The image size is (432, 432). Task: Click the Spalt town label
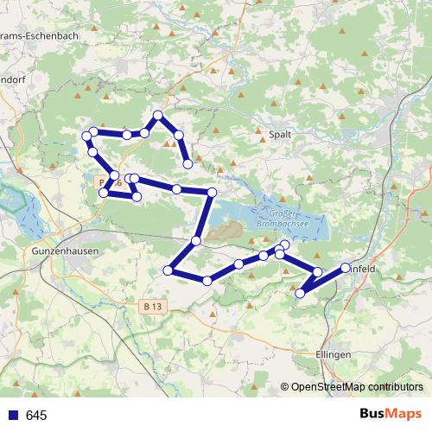[x=280, y=135]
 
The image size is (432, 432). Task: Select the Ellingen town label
[x=334, y=356]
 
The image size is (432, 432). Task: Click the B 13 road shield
[x=153, y=306]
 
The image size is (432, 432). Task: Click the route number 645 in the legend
[x=36, y=416]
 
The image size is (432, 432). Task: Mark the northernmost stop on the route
[x=158, y=115]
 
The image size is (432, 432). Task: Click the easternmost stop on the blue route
[x=346, y=268]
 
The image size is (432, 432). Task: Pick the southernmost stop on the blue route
[x=301, y=294]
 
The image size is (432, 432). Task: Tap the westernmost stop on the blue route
[x=86, y=137]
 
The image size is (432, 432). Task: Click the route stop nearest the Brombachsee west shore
[x=211, y=192]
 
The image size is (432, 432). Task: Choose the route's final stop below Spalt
[x=187, y=164]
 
